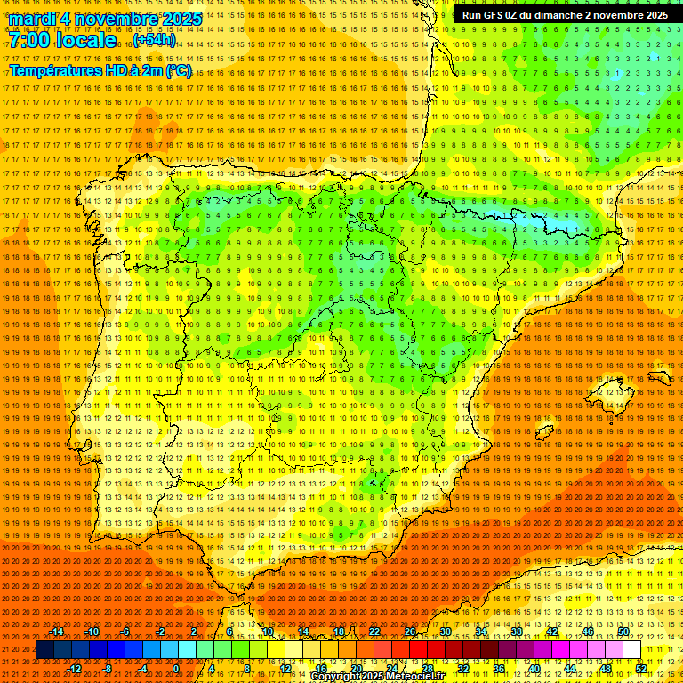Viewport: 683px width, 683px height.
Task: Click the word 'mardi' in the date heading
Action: [33, 19]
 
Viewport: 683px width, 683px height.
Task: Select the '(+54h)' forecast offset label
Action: [154, 41]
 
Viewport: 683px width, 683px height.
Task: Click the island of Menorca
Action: [663, 377]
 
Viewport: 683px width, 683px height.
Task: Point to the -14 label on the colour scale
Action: [57, 631]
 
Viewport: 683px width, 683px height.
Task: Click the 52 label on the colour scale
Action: [641, 669]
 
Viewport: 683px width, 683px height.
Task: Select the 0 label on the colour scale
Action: [177, 669]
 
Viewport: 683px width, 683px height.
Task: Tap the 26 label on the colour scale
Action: [410, 631]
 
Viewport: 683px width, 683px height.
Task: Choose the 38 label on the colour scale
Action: [516, 631]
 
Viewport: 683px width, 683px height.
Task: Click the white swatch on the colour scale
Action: [631, 650]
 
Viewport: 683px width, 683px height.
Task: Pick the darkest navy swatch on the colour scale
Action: [44, 650]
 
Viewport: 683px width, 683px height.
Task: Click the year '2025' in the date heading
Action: [178, 19]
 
